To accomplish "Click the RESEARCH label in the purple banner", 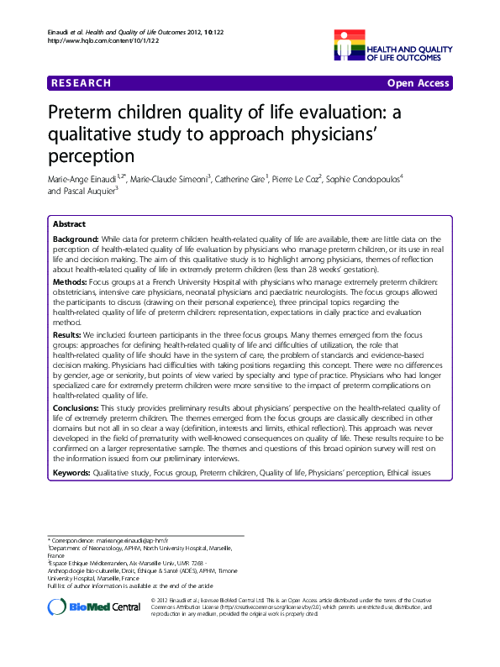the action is click(x=81, y=83).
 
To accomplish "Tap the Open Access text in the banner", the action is click(x=418, y=83).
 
